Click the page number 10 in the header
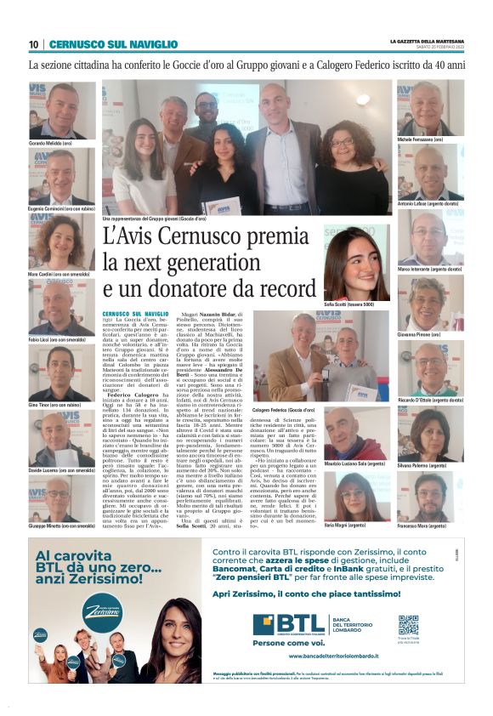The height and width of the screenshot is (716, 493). [x=33, y=44]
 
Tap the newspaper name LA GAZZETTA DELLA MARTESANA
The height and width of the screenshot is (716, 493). [x=427, y=41]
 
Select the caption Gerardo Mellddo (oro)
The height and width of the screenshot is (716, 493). [x=52, y=144]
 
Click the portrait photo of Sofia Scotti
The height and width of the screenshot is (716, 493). [x=357, y=264]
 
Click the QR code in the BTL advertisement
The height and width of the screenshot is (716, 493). [x=408, y=625]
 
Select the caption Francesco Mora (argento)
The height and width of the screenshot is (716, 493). [x=421, y=526]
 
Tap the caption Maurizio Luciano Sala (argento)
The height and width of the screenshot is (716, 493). [x=354, y=464]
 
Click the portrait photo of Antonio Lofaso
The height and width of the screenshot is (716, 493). [x=430, y=170]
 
